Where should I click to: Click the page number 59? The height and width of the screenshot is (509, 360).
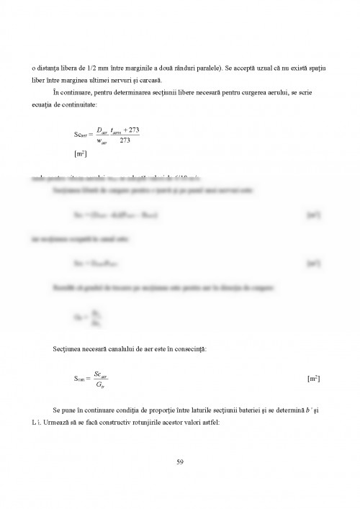click(x=180, y=461)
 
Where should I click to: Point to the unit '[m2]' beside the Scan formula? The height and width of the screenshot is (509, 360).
click(x=313, y=378)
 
